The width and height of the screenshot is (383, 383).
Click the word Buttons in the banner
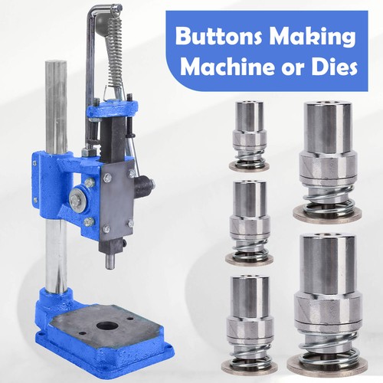click(x=219, y=36)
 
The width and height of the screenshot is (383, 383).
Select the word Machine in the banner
click(x=228, y=67)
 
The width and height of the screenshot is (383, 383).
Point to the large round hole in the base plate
click(x=107, y=326)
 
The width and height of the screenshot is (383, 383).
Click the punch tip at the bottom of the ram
click(x=110, y=260)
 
